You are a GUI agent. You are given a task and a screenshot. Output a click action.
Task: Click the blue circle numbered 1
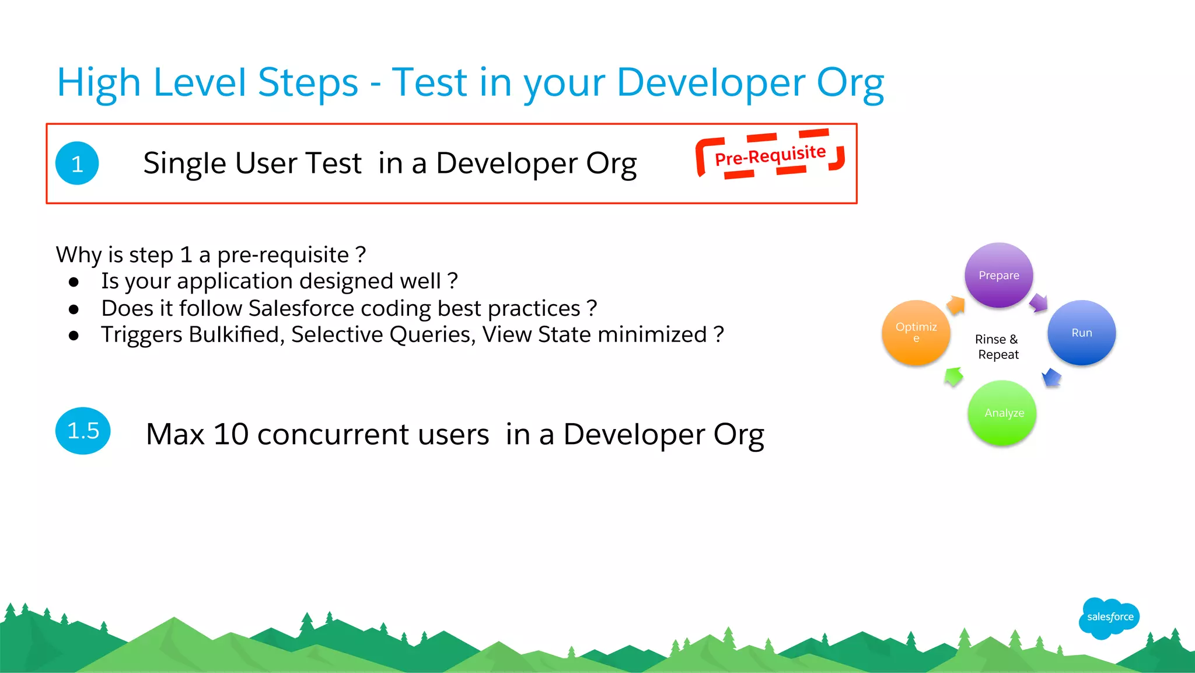77,163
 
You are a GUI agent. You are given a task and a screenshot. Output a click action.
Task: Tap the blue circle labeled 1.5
83,431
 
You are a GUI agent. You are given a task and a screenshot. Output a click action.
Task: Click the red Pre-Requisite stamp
770,155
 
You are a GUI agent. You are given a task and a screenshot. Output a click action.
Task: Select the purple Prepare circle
999,275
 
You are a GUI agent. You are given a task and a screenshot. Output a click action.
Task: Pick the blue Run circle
1081,333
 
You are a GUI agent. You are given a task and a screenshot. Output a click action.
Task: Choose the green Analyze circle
1002,413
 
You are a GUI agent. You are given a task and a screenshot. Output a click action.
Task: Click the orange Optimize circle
916,332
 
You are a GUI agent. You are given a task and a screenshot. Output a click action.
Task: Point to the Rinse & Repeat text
997,347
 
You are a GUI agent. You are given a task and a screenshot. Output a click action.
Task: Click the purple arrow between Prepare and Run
1039,303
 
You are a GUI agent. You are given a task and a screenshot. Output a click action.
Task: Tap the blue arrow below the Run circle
1051,378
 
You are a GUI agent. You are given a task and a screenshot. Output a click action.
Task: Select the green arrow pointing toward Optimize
953,376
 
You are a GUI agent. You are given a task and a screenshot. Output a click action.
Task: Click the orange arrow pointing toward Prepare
956,305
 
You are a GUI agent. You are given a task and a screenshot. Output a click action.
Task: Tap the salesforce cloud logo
1109,618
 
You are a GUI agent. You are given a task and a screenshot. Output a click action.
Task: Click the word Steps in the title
308,82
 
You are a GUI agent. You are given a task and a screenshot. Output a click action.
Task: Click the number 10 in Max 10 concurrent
231,434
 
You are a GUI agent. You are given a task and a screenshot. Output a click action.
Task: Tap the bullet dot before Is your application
74,282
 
